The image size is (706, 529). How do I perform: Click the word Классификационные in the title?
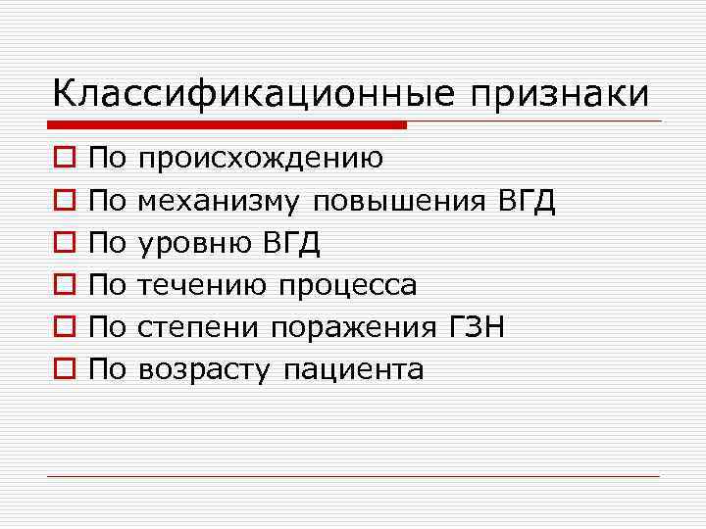point(250,95)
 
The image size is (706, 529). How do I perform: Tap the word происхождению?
point(260,159)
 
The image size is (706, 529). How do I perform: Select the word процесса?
point(348,285)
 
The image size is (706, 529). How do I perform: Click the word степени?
point(199,327)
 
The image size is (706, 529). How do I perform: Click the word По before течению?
point(108,284)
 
